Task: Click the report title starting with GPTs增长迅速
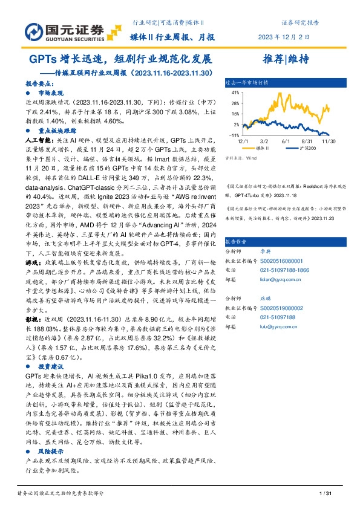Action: [x=121, y=60]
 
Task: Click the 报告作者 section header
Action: [x=237, y=239]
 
